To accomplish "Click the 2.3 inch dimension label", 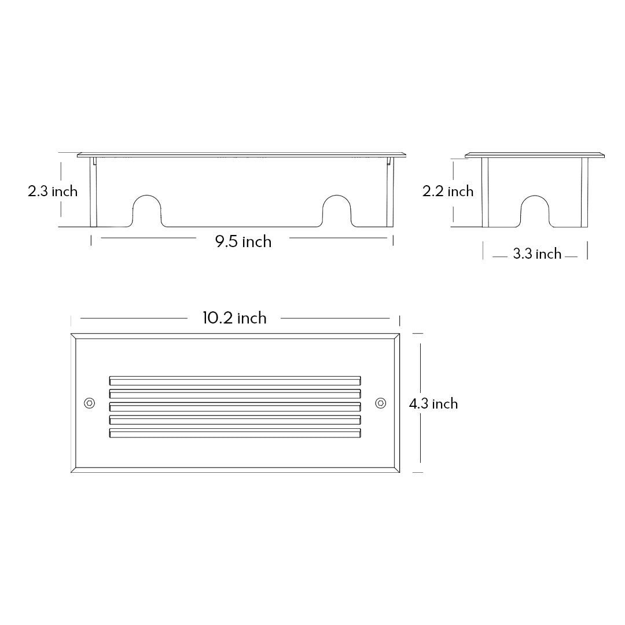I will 53,191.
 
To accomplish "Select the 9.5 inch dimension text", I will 243,241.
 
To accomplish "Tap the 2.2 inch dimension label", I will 448,192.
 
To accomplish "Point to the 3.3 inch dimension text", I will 537,254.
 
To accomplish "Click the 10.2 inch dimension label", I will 234,318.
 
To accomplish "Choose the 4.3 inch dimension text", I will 433,404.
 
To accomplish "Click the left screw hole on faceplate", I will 89,403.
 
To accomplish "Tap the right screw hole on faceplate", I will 380,403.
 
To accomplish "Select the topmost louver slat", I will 235,380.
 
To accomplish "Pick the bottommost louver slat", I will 235,433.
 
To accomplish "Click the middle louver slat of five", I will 235,406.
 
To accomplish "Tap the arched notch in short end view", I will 535,211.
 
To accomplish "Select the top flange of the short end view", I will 535,155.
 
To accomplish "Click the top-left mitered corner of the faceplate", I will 73,336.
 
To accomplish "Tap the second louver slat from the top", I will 235,394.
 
